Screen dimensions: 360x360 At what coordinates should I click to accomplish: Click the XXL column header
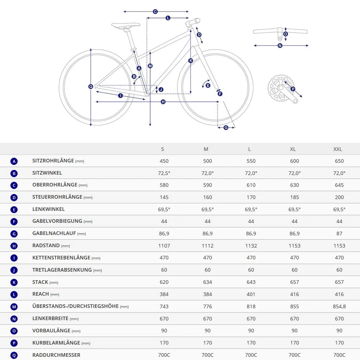point(337,149)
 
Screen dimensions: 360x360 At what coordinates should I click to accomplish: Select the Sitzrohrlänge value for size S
point(164,161)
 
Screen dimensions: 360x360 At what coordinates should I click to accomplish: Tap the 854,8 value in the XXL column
point(339,306)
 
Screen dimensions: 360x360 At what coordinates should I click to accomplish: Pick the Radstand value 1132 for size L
point(251,246)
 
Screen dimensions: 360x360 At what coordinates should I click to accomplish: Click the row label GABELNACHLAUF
point(54,234)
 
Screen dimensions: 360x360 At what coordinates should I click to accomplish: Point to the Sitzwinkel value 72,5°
point(164,173)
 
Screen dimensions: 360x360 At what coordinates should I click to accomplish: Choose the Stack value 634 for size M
point(208,282)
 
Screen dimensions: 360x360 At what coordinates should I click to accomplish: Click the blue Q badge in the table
point(14,355)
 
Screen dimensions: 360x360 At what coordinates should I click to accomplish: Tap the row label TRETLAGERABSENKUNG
point(62,270)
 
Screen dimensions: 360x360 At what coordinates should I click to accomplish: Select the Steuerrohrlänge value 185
point(295,198)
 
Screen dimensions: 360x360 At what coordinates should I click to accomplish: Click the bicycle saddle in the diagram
point(126,25)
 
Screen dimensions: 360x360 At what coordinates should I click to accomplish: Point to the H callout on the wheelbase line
point(163,102)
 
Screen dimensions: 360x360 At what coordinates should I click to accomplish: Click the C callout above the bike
point(155,11)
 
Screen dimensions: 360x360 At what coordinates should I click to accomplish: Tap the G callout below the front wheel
point(226,128)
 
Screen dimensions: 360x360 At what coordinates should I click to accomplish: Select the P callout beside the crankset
point(293,89)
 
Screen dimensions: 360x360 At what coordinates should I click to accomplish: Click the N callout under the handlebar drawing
point(280,46)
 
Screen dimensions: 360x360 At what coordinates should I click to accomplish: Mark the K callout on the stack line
point(190,61)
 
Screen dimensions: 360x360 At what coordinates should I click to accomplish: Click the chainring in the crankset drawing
point(278,88)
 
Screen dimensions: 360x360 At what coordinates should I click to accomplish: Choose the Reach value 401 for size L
point(251,294)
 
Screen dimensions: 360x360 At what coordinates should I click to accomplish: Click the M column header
point(206,149)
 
